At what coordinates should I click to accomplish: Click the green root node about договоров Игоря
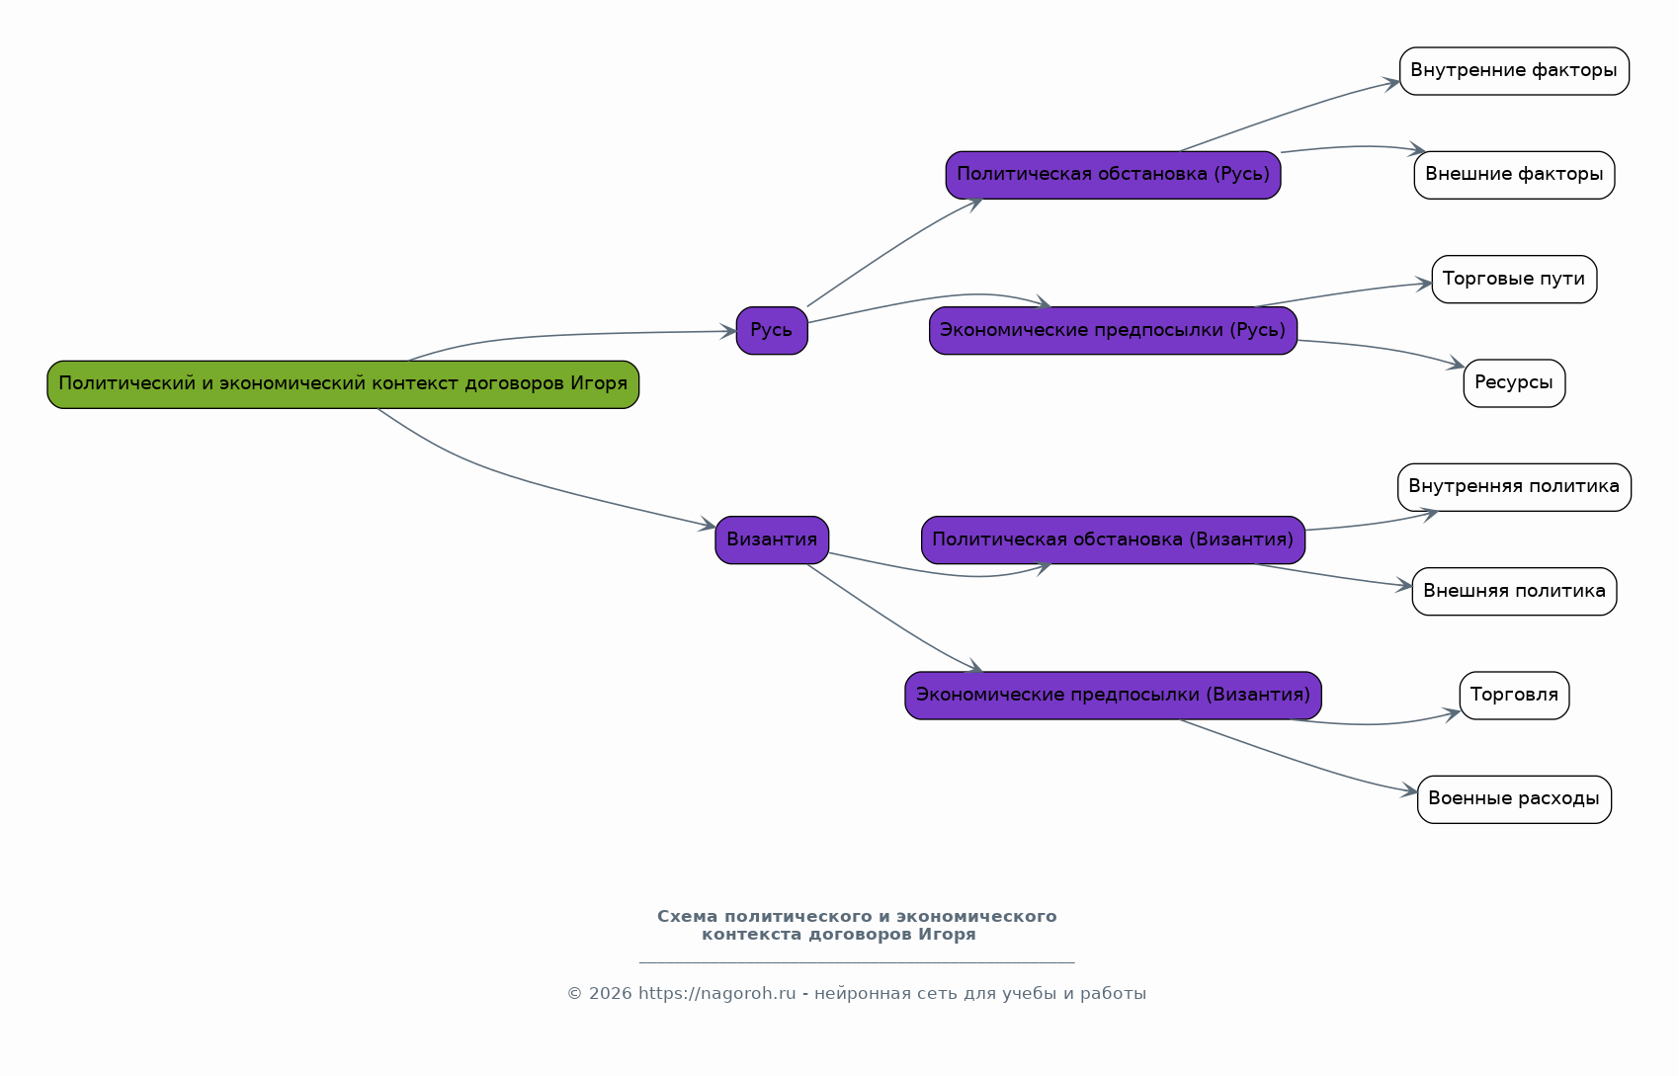pos(343,384)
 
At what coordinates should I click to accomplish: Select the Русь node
pos(772,330)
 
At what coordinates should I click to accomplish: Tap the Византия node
pos(772,539)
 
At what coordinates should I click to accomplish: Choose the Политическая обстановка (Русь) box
pos(1113,175)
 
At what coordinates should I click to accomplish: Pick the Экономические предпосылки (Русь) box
pos(1113,330)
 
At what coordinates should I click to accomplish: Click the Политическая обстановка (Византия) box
pos(1113,539)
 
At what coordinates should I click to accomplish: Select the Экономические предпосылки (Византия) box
pos(1113,696)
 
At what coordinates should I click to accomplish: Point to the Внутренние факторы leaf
pos(1514,71)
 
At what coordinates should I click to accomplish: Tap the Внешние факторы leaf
pos(1514,175)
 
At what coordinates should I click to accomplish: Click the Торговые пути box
pos(1514,279)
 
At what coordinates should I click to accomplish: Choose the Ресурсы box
pos(1514,383)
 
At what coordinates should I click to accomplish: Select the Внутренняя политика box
pos(1514,487)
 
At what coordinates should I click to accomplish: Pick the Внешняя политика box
pos(1514,591)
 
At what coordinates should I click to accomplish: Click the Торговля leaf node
pos(1514,696)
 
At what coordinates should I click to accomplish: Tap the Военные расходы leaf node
pos(1514,799)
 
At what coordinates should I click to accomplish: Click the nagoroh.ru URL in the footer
pos(716,994)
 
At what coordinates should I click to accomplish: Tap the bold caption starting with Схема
pos(857,926)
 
